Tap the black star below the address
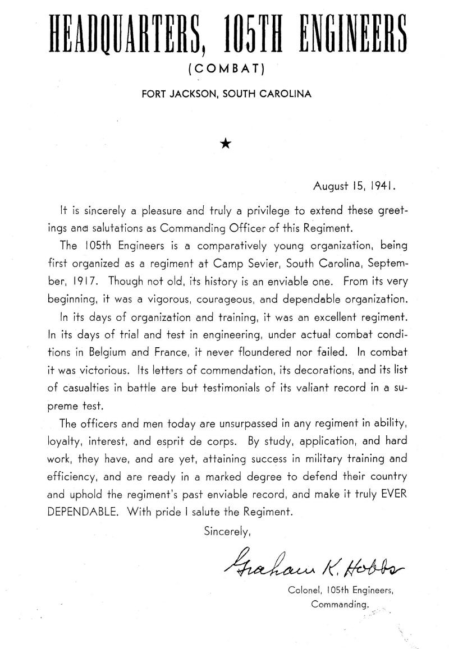(225, 143)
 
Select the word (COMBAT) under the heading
(224, 70)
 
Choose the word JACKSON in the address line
(194, 94)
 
